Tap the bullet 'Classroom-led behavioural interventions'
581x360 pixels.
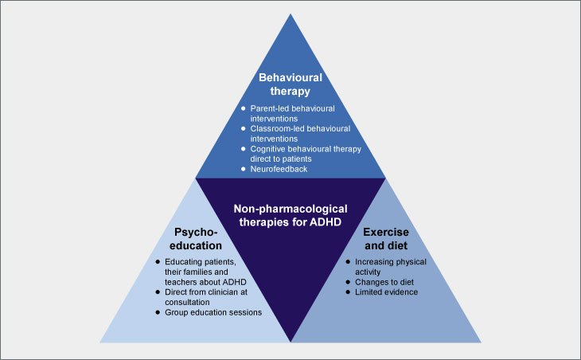(293, 131)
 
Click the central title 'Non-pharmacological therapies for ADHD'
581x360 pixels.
(290, 215)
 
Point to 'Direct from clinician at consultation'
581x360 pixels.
(209, 295)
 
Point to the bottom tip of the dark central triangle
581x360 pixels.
(290, 341)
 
